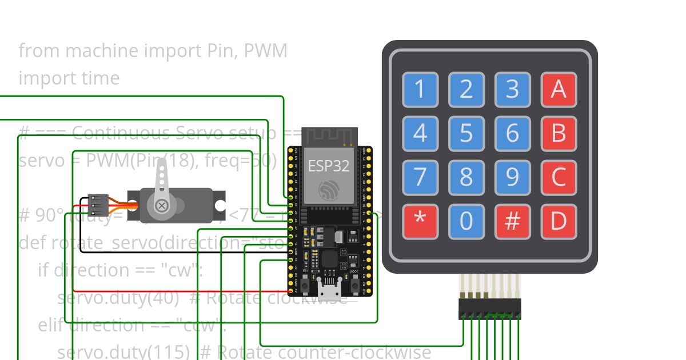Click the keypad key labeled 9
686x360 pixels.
coord(512,177)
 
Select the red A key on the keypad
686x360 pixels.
coord(559,90)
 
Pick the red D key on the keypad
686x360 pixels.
coord(559,221)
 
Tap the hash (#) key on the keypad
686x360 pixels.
coord(512,221)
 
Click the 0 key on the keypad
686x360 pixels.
coord(466,221)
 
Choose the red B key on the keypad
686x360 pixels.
coord(559,133)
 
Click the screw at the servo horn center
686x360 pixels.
coord(162,205)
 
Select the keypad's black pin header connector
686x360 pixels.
coord(490,309)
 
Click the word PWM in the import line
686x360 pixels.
coord(265,51)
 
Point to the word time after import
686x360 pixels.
coord(98,78)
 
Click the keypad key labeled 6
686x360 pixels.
coord(512,133)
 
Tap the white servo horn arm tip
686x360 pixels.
coord(162,166)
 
